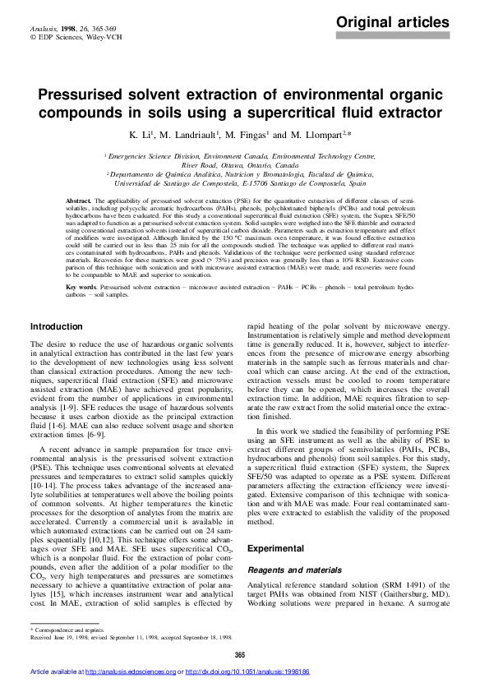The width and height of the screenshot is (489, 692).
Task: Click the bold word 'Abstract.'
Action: [x=78, y=201]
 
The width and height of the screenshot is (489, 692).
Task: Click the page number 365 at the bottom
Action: [x=240, y=654]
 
